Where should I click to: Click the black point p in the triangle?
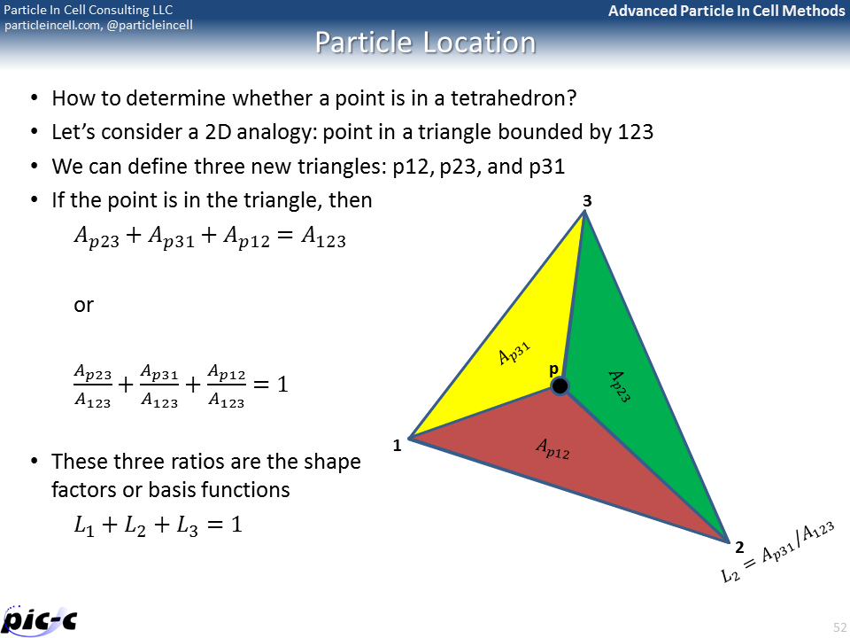560,385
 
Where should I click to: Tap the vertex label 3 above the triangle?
586,202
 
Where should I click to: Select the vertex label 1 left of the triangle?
398,446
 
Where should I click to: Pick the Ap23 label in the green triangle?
618,386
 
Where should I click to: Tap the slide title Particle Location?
425,43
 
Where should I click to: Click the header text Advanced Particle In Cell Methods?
726,11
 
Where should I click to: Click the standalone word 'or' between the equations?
83,305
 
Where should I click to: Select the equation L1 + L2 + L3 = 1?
158,525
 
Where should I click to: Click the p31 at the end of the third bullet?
545,167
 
